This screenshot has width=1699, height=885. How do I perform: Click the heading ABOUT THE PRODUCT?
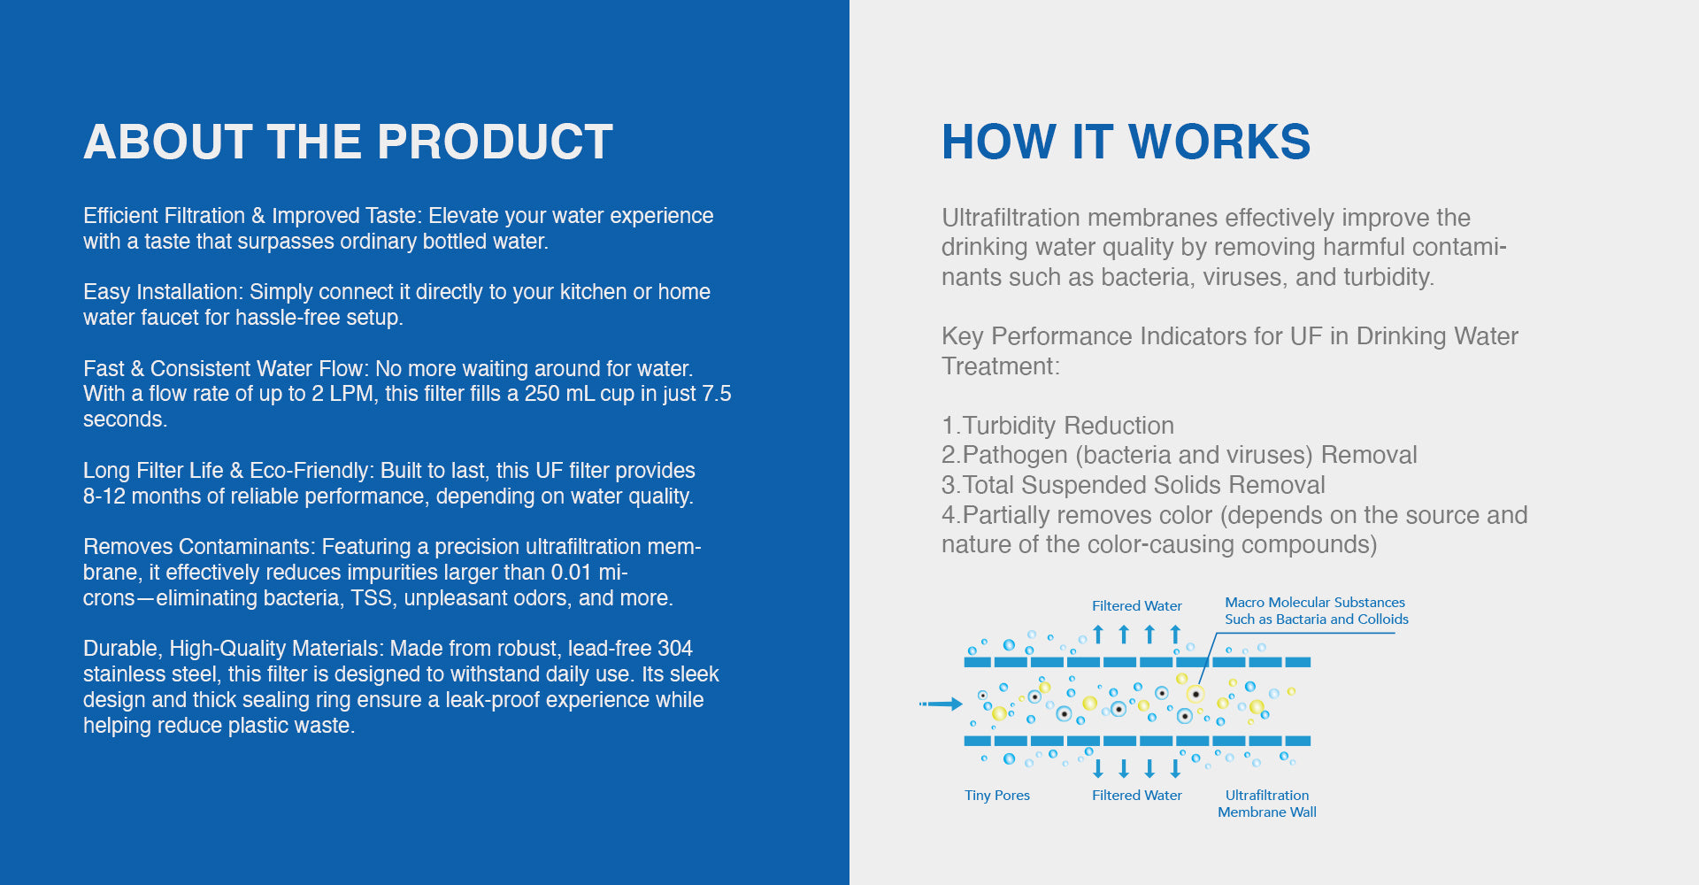(348, 142)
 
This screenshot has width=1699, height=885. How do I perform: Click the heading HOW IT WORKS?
(1126, 142)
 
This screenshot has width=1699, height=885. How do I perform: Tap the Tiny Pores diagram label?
(997, 795)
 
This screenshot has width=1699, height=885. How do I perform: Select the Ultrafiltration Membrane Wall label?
(1267, 804)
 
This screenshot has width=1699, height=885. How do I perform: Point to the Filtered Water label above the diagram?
(1137, 605)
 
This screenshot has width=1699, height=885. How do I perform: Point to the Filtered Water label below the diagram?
(1137, 795)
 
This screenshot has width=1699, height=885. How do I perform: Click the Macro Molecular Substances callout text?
(1317, 611)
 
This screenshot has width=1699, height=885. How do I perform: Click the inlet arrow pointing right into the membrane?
(941, 704)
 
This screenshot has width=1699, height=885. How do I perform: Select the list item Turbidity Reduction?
(1058, 426)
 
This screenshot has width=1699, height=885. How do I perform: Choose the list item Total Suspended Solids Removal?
(1134, 485)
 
